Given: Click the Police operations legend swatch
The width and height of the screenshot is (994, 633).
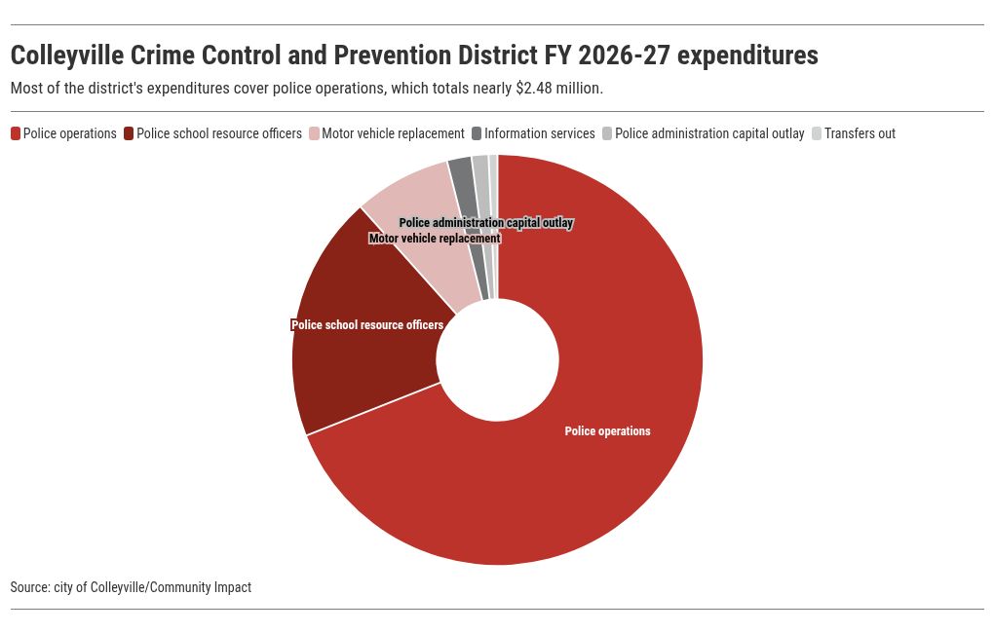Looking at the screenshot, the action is click(16, 133).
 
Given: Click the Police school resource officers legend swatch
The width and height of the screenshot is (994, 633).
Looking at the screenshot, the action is click(129, 133).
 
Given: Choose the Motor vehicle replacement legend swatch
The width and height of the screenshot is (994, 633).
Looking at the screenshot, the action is click(315, 133).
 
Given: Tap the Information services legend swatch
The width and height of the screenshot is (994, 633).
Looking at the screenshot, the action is click(477, 133).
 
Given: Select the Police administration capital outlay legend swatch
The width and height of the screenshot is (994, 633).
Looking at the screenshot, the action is click(607, 133).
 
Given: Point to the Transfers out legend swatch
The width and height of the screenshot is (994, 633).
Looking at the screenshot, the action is click(817, 133).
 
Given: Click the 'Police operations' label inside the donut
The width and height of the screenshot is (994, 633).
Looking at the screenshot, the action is click(607, 430).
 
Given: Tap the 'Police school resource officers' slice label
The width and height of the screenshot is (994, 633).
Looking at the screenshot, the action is click(367, 325).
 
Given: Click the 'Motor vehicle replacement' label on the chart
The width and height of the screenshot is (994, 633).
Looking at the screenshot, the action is click(435, 239).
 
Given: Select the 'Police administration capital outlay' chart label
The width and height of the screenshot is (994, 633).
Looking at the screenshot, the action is click(486, 223).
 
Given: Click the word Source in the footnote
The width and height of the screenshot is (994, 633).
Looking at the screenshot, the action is click(30, 587).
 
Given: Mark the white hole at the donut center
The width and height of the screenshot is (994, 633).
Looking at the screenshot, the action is click(498, 359).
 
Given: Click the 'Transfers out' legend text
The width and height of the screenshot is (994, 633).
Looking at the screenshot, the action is click(860, 133).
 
